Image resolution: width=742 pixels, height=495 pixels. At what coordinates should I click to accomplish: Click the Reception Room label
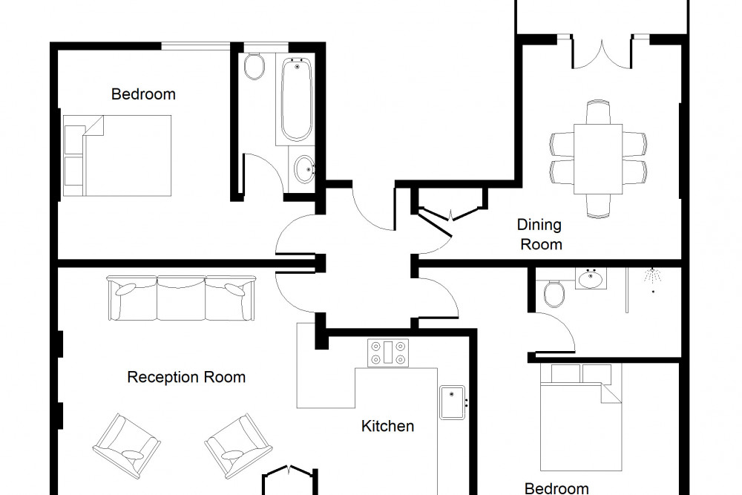[186, 377]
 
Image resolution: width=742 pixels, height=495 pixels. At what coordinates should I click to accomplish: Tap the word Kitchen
[387, 426]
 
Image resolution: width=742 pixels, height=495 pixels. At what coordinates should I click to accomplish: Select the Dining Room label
[540, 235]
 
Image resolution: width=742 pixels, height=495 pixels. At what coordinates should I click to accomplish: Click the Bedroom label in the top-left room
[143, 94]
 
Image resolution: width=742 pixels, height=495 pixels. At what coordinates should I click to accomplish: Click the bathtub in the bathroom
[297, 99]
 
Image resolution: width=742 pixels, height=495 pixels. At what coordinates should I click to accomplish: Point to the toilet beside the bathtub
[255, 67]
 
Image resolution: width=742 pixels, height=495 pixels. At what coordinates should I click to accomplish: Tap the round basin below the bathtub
[303, 169]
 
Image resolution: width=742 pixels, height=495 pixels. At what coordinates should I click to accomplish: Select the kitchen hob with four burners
[388, 353]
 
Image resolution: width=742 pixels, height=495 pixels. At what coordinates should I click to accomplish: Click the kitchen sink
[453, 403]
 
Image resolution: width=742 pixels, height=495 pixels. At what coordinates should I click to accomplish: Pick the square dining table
[598, 159]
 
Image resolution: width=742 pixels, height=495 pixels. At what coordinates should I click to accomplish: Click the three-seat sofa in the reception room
[181, 298]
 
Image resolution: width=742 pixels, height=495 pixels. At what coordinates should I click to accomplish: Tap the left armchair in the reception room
[126, 446]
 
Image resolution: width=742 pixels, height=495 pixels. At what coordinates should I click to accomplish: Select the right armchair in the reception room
[238, 446]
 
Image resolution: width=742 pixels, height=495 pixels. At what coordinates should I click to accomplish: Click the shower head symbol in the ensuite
[652, 278]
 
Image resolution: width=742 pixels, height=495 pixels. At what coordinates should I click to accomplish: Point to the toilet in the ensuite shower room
[554, 293]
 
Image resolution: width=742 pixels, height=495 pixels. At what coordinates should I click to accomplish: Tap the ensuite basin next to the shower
[591, 279]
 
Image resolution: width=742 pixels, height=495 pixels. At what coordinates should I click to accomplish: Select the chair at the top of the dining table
[598, 112]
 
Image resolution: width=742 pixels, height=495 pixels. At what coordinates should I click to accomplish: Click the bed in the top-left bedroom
[117, 156]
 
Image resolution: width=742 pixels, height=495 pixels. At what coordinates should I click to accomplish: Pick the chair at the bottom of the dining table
[598, 206]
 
